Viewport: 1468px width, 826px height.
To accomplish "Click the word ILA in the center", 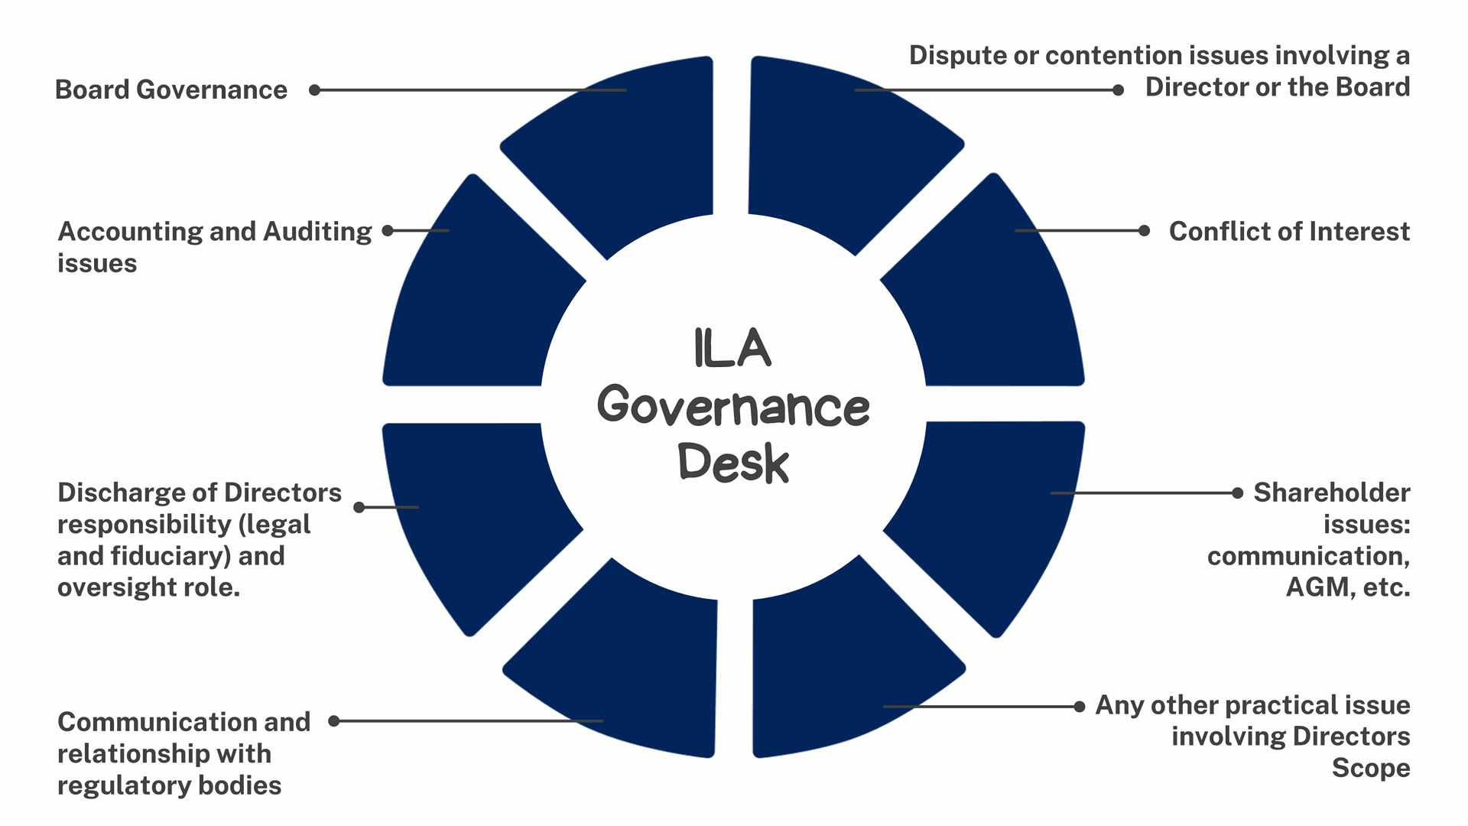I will tap(732, 349).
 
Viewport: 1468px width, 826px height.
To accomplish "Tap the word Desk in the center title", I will tap(732, 463).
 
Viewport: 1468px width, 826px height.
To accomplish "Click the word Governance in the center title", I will tap(732, 406).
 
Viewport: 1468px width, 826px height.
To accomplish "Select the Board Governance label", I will tap(171, 89).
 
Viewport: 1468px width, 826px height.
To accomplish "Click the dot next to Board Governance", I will tap(314, 89).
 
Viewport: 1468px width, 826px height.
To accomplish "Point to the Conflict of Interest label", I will tap(1289, 231).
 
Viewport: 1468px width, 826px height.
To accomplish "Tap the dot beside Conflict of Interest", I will tap(1144, 230).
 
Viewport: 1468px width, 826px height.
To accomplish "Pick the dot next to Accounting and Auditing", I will tap(388, 230).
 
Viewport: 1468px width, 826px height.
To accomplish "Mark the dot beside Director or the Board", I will tap(1118, 90).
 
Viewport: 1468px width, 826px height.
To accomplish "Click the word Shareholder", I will tap(1332, 493).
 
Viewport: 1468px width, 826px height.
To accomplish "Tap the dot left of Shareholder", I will tap(1237, 493).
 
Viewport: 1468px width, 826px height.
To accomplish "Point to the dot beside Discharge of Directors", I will tap(359, 507).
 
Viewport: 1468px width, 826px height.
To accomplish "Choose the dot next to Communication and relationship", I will tap(334, 720).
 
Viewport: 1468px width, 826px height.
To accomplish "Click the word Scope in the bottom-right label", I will tap(1371, 768).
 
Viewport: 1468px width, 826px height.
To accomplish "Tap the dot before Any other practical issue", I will tap(1080, 707).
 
